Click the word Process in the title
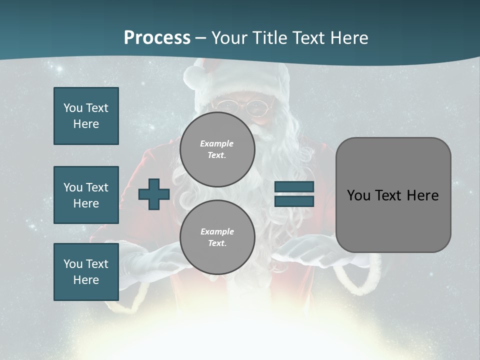tap(157, 38)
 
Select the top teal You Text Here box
tap(86, 116)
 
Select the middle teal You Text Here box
tap(86, 195)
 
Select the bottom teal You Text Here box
tap(86, 272)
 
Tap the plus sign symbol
tap(154, 194)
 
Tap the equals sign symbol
tap(294, 194)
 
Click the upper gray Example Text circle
tap(217, 149)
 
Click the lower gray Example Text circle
tap(217, 237)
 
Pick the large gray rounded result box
tap(393, 195)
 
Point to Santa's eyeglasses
tap(243, 106)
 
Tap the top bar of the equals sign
tap(294, 187)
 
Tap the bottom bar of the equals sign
tap(294, 201)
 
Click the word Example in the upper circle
tap(217, 143)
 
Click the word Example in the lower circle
tap(217, 231)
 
